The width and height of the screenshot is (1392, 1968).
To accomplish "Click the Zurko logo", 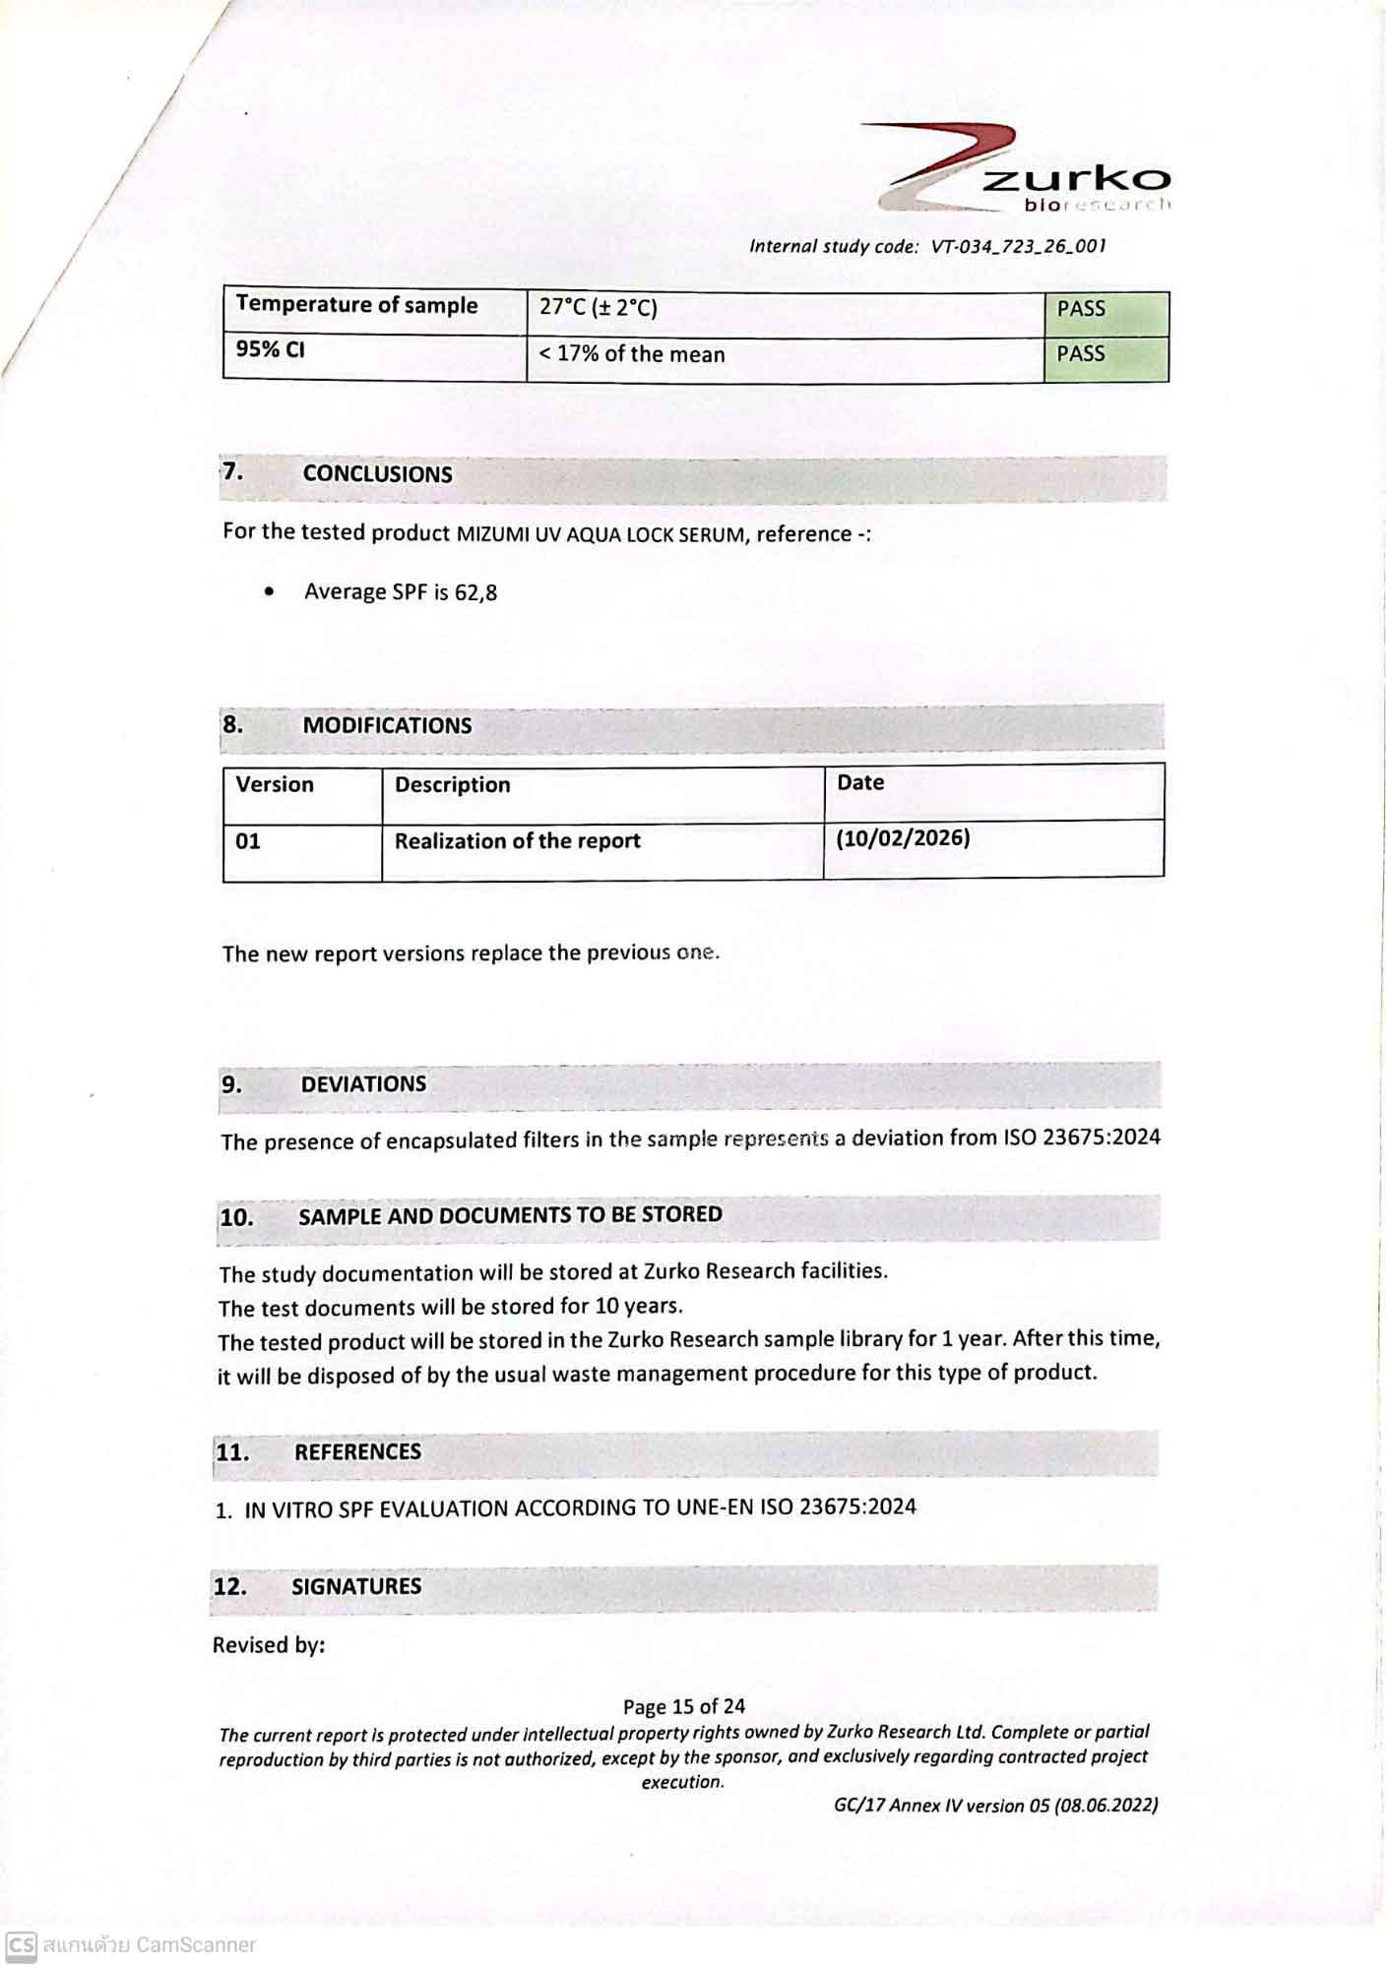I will click(x=1024, y=167).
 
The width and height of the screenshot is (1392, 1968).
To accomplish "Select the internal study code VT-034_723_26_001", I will click(x=1018, y=246).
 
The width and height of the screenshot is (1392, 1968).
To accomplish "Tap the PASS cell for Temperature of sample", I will click(x=1106, y=310).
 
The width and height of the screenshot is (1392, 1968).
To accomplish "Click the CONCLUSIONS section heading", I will click(x=377, y=474).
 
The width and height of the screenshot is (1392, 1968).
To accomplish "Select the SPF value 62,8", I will click(x=475, y=592).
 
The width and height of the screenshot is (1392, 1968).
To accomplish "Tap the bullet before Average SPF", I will click(x=270, y=591).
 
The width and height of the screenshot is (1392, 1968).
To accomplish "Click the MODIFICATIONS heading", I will click(x=387, y=726).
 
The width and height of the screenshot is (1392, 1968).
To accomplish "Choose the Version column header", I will click(x=275, y=785).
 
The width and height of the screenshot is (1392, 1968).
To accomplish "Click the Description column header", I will click(x=453, y=785).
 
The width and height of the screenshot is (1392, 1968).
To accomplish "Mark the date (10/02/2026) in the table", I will click(x=903, y=838).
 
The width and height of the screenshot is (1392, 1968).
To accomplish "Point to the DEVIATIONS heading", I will click(x=363, y=1084).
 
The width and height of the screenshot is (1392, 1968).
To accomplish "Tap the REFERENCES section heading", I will click(x=357, y=1452).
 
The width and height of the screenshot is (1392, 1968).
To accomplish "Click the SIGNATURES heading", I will click(x=356, y=1587).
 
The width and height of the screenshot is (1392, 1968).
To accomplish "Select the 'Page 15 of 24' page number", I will click(x=683, y=1706).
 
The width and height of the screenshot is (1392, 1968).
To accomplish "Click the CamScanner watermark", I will click(x=131, y=1945).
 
